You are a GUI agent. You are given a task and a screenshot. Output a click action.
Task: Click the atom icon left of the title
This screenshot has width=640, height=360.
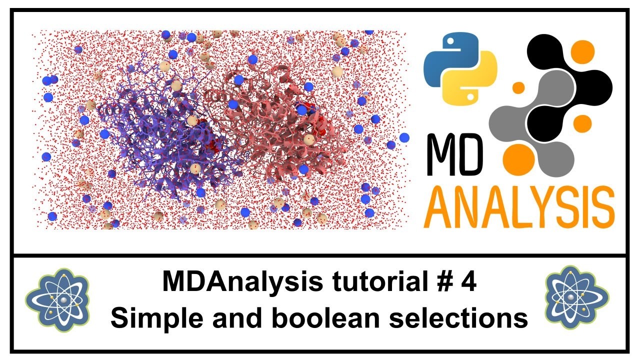coord(57,300)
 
